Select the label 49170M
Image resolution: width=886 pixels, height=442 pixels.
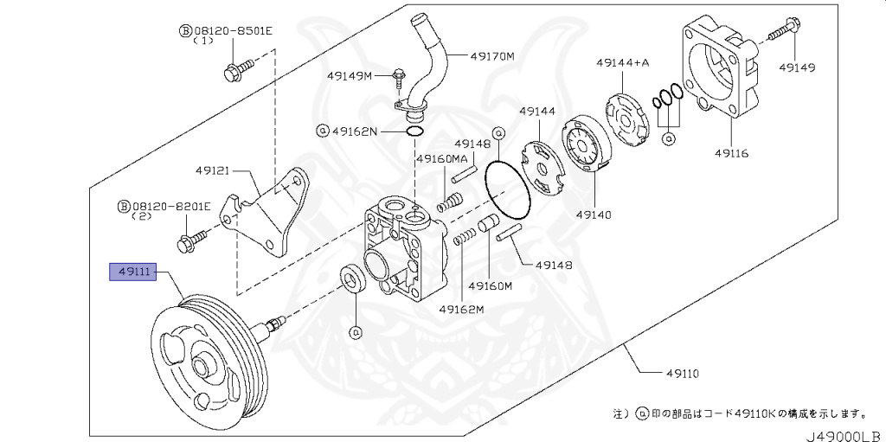pyautogui.click(x=492, y=56)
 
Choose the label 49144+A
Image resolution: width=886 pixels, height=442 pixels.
pyautogui.click(x=621, y=62)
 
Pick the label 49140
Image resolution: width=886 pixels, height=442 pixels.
pyautogui.click(x=595, y=211)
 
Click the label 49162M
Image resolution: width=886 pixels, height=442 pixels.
pyautogui.click(x=460, y=309)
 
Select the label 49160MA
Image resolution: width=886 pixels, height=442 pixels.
pyautogui.click(x=441, y=159)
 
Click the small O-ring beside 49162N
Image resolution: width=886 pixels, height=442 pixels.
pyautogui.click(x=414, y=131)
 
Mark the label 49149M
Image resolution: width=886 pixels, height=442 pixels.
pyautogui.click(x=349, y=76)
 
